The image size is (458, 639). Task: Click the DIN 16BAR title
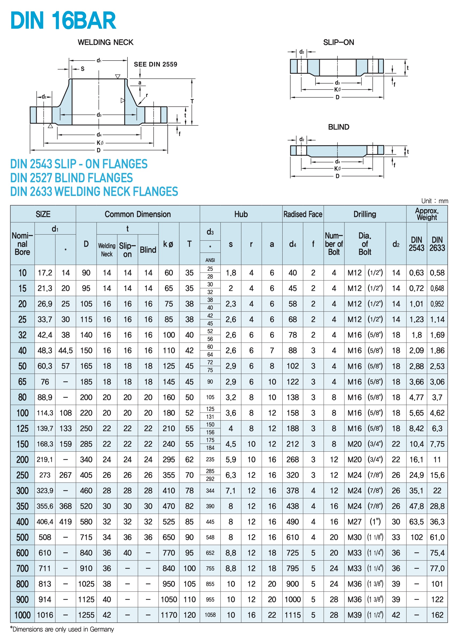63,20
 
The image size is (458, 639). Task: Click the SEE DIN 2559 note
155,64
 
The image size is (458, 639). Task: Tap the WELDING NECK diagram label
105,42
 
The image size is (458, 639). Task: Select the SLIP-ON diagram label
338,42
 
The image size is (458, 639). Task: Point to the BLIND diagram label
338,127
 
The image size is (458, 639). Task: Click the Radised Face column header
303,214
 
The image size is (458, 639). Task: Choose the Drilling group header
365,214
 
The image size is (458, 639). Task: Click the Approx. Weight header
426,214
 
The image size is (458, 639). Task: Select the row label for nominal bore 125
22,429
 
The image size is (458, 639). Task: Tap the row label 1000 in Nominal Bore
22,615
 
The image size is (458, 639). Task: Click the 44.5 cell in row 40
65,351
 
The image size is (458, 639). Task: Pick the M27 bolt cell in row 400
354,522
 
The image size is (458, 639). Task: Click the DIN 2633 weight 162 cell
437,615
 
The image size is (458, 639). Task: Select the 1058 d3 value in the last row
210,615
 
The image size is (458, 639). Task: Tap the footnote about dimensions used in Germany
62,629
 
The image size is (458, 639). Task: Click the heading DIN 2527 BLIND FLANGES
72,178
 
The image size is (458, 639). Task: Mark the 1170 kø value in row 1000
169,615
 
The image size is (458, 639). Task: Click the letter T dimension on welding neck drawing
192,101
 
